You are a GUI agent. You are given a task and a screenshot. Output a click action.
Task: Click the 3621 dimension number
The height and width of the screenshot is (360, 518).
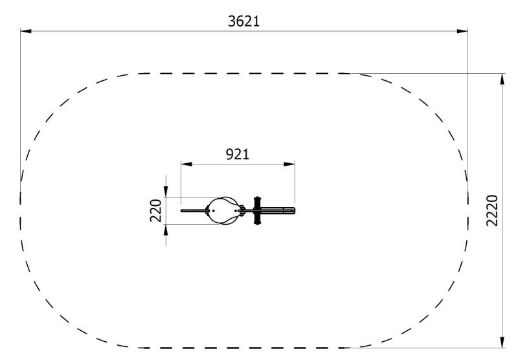pos(244,21)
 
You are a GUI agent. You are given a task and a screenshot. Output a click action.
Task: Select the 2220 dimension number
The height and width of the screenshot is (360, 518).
pos(492,210)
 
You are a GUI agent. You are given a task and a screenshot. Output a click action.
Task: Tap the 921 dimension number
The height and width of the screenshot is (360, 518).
pos(238,154)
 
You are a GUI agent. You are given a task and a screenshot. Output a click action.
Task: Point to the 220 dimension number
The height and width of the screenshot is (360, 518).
pos(156,210)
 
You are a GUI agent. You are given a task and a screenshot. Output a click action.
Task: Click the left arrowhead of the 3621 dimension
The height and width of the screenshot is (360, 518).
pos(26,31)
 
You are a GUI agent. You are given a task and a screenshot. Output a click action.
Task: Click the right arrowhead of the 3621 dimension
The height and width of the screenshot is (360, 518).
pos(462,31)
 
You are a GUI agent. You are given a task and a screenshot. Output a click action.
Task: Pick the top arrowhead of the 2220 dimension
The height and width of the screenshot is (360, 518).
pos(502,79)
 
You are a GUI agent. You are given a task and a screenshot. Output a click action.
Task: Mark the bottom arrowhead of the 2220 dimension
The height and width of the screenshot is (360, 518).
pos(502,342)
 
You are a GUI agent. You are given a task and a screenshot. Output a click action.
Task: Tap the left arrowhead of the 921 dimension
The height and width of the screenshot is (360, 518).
pos(186,164)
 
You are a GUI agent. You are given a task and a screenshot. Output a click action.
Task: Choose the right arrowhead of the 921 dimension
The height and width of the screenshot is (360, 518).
pos(289,164)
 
